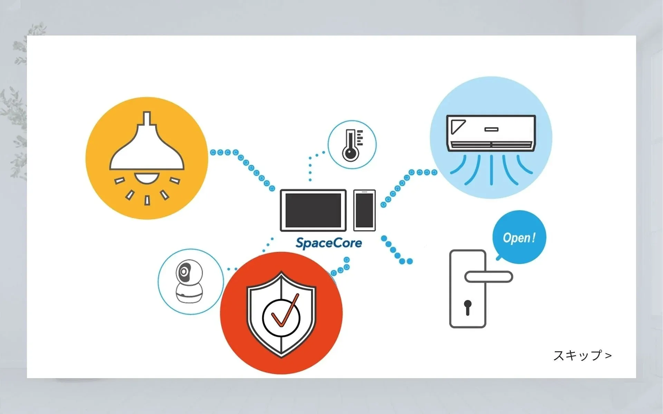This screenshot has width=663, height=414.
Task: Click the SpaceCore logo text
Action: pos(329,243)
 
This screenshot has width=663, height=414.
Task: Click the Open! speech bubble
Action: pos(519,237)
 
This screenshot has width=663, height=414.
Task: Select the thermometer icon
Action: pos(351,145)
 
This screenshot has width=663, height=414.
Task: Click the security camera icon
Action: pos(189,282)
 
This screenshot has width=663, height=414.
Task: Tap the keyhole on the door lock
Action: pos(468,307)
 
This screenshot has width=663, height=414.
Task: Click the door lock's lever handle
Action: pos(489,277)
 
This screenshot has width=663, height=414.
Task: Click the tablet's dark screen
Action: pos(313,210)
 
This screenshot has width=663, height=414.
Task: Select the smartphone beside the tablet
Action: pos(364,210)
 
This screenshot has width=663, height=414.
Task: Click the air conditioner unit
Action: pos(491,133)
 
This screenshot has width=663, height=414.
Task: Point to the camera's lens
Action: pos(184,272)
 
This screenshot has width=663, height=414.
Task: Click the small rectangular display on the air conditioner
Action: pos(491,129)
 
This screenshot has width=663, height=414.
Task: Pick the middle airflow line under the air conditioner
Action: pos(491,169)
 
